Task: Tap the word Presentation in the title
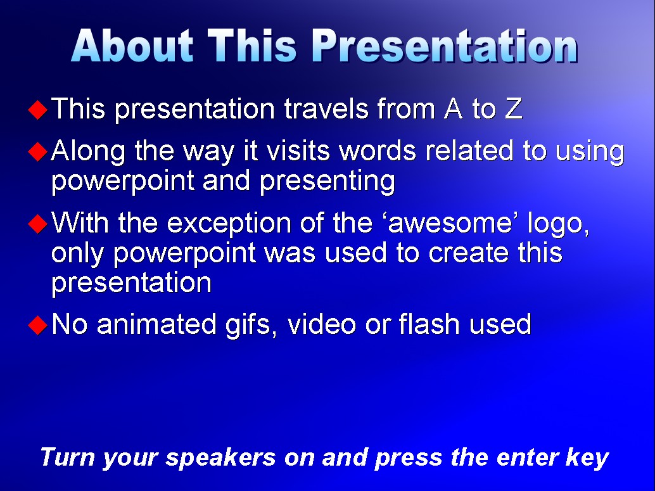[445, 47]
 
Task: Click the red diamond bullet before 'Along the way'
[37, 151]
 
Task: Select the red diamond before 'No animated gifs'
[37, 324]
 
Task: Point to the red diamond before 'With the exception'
[37, 224]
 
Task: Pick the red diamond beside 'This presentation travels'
[37, 110]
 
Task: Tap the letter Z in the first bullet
[513, 108]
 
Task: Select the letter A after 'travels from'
[453, 108]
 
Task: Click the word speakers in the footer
[220, 458]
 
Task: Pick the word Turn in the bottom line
[67, 457]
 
